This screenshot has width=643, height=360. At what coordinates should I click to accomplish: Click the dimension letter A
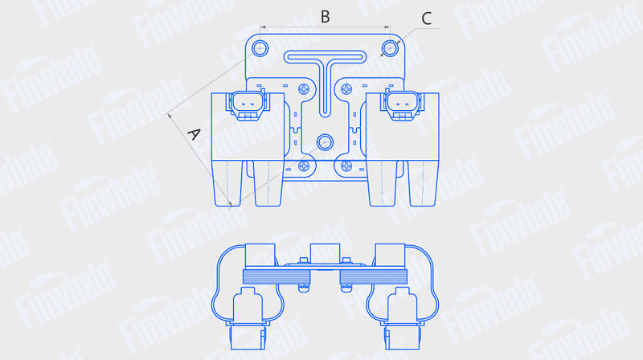[194, 133]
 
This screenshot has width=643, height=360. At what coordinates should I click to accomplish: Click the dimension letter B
[326, 17]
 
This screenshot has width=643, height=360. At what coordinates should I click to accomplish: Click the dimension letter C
[427, 18]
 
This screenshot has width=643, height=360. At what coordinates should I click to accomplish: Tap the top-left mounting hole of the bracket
[260, 48]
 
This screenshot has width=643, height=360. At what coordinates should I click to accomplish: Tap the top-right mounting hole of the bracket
[390, 48]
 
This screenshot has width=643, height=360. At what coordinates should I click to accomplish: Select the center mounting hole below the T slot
[326, 142]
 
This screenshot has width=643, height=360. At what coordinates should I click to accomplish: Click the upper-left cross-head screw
[304, 89]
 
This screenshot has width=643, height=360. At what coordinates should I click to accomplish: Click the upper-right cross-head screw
[346, 89]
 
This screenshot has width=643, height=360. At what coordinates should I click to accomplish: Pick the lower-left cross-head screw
[304, 166]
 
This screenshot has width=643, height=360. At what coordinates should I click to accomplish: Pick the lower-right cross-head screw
[346, 166]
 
